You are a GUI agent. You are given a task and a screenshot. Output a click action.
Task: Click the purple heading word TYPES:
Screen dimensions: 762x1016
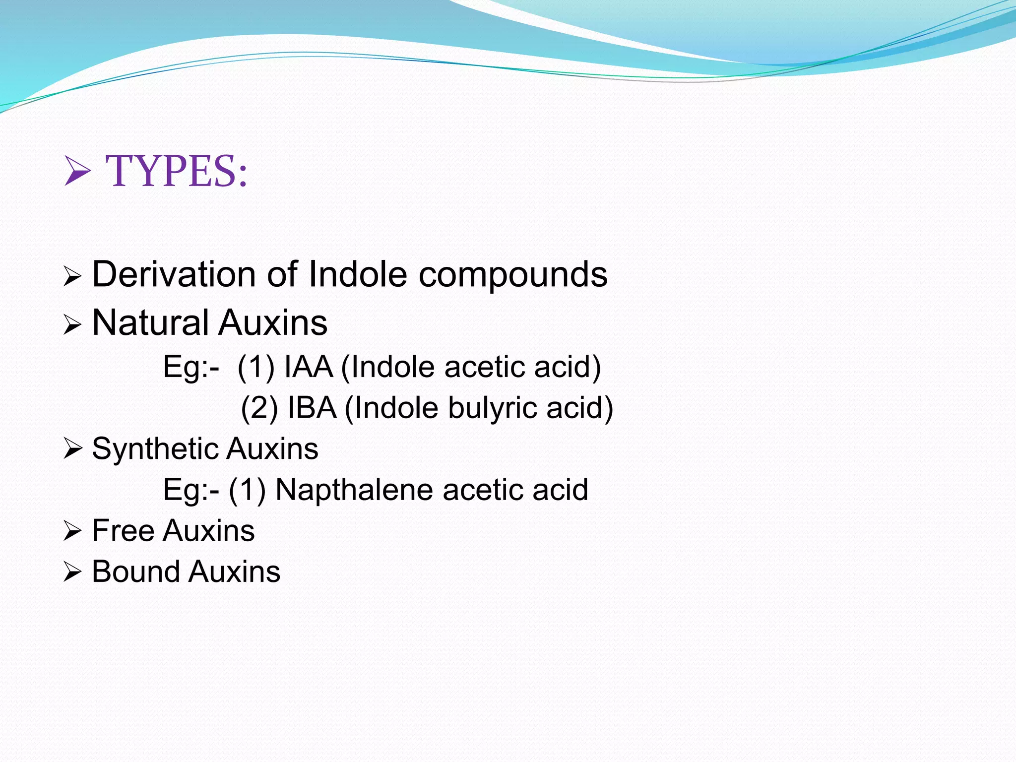[176, 171]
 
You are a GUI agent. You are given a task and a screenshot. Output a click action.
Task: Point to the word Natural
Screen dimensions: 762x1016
[150, 323]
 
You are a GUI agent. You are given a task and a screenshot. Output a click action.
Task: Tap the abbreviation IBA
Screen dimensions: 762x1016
[312, 408]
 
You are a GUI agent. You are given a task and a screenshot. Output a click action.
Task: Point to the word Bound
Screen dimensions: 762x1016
[135, 571]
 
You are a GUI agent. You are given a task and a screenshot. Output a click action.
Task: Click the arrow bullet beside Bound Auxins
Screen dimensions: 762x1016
[72, 572]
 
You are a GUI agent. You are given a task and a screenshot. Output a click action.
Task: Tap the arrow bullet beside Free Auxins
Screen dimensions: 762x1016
[72, 531]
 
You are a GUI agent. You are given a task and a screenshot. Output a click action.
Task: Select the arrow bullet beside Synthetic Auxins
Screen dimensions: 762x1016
[72, 449]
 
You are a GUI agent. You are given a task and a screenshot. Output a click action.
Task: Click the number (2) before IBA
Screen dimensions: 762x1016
[259, 409]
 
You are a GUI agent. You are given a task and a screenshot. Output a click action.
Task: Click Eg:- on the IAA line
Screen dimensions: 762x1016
[191, 368]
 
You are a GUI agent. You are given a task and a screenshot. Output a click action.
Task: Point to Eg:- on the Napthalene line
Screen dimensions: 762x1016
[191, 490]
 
